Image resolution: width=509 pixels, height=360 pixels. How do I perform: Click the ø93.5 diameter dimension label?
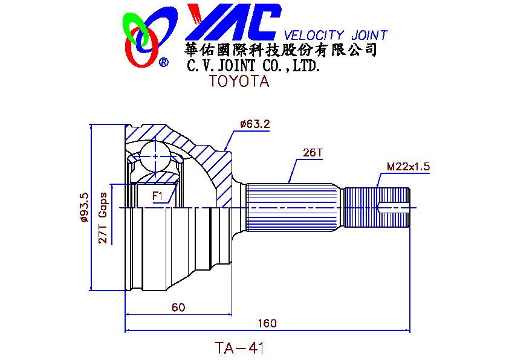[84, 208]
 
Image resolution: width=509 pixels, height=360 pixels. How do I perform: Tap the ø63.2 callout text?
[255, 124]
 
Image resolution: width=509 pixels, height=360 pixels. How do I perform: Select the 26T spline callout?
[313, 152]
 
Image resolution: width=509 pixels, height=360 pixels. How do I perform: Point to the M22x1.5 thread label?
[408, 167]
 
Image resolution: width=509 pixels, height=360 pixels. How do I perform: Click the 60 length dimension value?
[178, 307]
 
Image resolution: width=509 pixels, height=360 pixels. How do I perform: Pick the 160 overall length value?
[267, 323]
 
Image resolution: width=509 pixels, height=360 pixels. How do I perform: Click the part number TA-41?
[239, 348]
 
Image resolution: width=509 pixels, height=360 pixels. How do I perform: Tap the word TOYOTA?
[239, 81]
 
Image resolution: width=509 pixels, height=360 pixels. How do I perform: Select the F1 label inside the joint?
[157, 196]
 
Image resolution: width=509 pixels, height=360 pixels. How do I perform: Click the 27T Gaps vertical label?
[103, 217]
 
